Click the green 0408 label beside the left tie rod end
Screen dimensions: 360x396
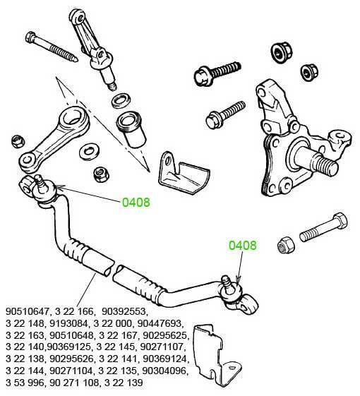136,203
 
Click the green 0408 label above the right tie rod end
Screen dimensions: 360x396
243,245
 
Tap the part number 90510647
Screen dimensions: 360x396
27,311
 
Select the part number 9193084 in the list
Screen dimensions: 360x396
69,323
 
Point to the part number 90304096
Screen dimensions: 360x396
165,371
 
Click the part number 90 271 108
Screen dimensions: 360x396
74,383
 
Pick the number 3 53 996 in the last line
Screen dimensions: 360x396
25,383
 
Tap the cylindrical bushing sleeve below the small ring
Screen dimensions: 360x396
131,130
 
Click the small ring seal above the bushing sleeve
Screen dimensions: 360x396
121,100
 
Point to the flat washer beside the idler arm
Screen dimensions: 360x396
89,152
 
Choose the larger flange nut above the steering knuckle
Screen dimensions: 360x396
282,52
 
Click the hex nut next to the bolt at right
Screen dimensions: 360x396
286,245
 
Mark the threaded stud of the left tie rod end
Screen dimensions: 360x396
40,181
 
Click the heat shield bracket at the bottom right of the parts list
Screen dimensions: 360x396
217,354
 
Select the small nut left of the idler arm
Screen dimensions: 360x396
18,141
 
